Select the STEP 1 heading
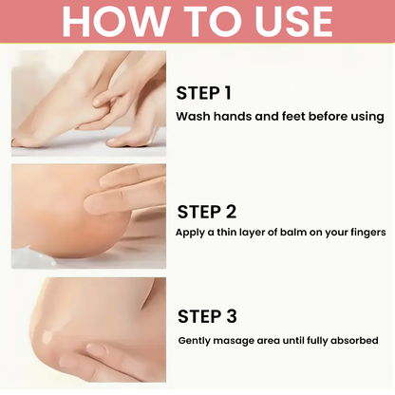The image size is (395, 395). (x=203, y=93)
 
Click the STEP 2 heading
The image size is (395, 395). (x=207, y=212)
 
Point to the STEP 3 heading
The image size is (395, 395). (x=207, y=316)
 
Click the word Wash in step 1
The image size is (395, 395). (x=193, y=116)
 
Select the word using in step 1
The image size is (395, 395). (x=367, y=117)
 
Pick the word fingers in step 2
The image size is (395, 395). (x=368, y=233)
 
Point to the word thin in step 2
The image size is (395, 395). (x=226, y=232)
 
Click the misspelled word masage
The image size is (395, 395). (x=234, y=341)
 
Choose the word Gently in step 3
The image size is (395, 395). (x=194, y=341)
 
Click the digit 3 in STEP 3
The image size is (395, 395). (x=232, y=316)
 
